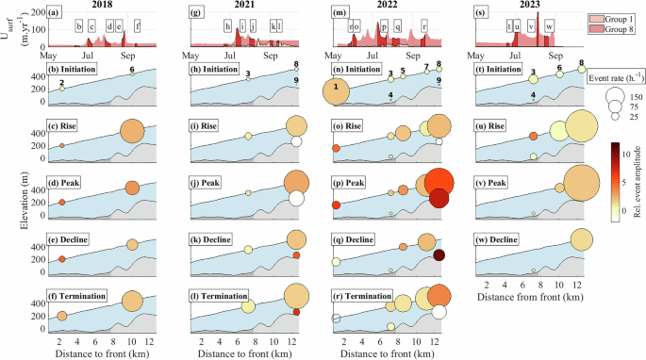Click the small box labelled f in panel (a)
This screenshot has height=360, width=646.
pyautogui.click(x=138, y=26)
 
